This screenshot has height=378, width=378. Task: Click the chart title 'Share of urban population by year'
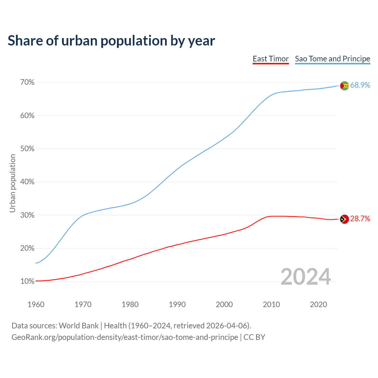[x=111, y=41]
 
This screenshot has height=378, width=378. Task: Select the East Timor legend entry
[x=271, y=59]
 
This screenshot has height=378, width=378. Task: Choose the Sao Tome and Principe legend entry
[x=333, y=59]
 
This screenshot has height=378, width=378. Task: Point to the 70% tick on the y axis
[x=27, y=82]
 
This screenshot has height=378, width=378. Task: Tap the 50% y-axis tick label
[x=27, y=149]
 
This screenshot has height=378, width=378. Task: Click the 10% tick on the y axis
[x=27, y=281]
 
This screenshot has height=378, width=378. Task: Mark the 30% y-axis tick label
[x=27, y=215]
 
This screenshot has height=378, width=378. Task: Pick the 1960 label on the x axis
[x=36, y=304]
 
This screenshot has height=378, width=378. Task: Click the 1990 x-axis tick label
[x=177, y=304]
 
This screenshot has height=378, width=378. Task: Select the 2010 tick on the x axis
[x=271, y=304]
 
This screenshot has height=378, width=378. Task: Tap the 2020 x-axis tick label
[x=318, y=304]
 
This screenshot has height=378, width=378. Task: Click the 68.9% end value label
[x=360, y=85]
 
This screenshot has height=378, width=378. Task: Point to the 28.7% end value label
[x=360, y=219]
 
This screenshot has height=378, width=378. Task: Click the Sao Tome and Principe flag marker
[x=345, y=86]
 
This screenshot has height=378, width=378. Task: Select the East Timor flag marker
[x=345, y=219]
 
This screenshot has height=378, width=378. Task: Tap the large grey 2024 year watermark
[x=306, y=277]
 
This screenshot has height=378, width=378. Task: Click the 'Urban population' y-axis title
[x=12, y=183]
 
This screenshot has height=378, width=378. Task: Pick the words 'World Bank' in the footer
[x=79, y=326]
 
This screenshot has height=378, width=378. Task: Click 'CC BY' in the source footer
[x=254, y=337]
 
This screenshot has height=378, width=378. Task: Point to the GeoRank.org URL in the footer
[x=125, y=337]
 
